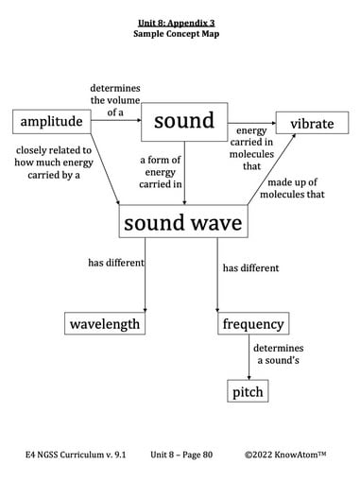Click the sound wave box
pos(183,223)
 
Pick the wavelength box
pos(105,324)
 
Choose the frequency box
pos(252,324)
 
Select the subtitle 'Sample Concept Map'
pos(179,32)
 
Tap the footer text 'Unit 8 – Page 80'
pos(181,455)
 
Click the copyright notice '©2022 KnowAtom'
pos(284,455)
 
